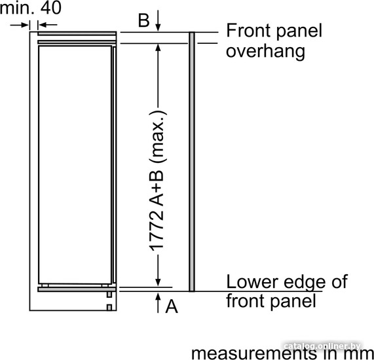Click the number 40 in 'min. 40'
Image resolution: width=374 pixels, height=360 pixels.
[51, 8]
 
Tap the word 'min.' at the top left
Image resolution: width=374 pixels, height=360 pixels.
[17, 8]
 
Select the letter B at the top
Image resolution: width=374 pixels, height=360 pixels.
[144, 20]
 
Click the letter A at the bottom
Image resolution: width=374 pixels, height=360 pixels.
[172, 306]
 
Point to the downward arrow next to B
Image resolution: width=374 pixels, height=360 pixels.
[158, 20]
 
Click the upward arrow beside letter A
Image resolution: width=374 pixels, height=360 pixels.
[158, 303]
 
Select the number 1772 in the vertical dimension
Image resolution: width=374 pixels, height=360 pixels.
[157, 229]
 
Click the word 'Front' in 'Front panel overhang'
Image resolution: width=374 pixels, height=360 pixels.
[246, 30]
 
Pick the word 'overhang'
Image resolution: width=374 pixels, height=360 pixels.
[265, 51]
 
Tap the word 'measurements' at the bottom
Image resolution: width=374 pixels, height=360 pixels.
[253, 353]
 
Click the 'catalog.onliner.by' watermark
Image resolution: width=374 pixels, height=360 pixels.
[322, 346]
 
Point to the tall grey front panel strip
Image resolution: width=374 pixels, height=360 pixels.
[192, 162]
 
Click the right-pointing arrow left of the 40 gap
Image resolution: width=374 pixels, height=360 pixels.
[20, 25]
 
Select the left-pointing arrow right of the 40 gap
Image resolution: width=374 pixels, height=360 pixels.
[47, 25]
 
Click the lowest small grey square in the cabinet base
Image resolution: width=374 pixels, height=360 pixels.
[109, 308]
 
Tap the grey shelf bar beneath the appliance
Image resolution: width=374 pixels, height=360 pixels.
[77, 289]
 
